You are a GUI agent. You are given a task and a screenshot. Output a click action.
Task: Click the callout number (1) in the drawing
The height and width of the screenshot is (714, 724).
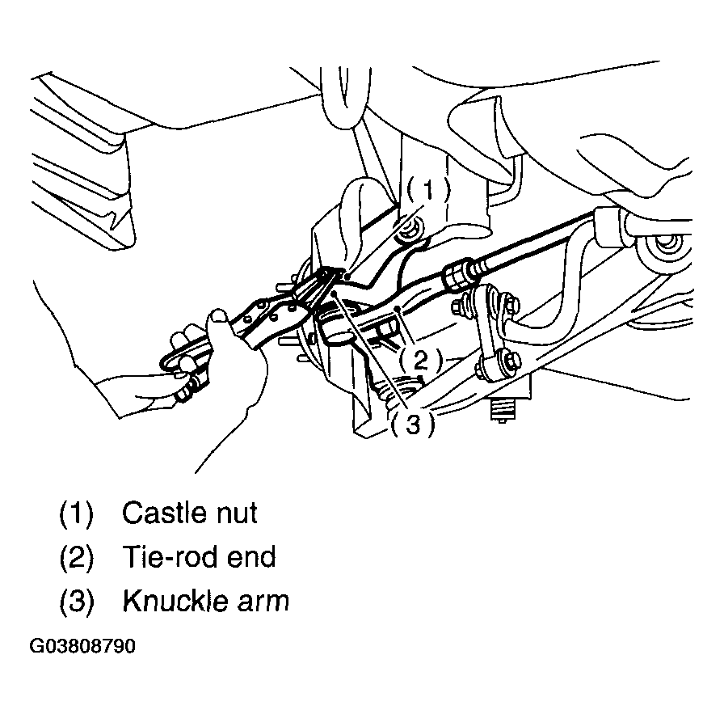(x=428, y=190)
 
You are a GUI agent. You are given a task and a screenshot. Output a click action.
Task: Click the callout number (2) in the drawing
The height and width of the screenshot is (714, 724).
(x=420, y=361)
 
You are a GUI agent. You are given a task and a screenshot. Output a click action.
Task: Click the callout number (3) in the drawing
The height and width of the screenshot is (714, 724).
(x=413, y=425)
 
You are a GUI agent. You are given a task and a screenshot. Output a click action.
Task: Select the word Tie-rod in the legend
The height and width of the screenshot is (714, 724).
(x=170, y=557)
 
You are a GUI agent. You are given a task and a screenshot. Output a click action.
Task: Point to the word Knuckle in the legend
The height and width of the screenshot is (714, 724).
(x=175, y=602)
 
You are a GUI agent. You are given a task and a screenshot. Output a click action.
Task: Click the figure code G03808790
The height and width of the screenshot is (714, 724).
(x=82, y=647)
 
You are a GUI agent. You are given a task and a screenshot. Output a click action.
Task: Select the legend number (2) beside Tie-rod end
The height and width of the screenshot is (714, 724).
(x=77, y=558)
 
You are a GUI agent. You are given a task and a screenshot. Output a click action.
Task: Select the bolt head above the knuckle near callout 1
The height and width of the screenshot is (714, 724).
(x=410, y=229)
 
